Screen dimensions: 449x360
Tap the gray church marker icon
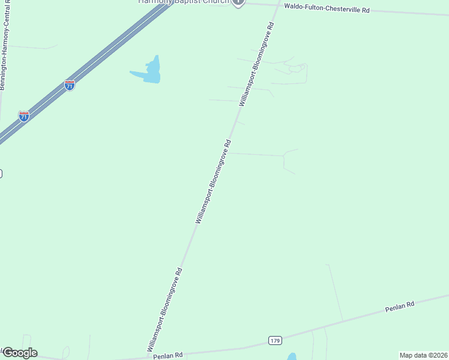tap(238, 2)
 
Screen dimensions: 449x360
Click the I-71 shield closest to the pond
tap(70, 85)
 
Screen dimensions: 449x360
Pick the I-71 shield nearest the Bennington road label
tap(23, 116)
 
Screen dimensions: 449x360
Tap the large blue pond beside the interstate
tap(149, 72)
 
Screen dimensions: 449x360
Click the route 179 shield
tap(275, 341)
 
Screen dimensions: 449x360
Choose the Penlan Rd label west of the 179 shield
tap(167, 356)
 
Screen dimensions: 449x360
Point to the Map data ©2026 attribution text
tap(423, 355)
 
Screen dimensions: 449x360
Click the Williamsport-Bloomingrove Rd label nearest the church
tap(256, 65)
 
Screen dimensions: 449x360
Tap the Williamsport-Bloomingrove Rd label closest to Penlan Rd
tap(164, 310)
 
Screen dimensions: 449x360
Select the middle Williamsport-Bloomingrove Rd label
tap(213, 182)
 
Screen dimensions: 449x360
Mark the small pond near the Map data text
tap(292, 356)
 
